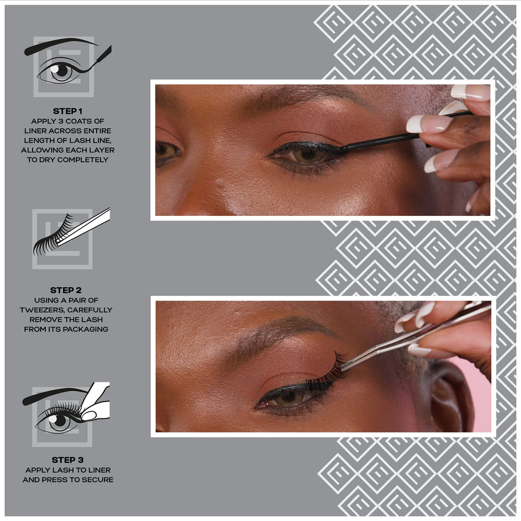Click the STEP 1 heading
(68, 111)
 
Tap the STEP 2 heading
(66, 290)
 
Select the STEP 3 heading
(68, 460)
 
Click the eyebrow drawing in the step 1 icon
(59, 46)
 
